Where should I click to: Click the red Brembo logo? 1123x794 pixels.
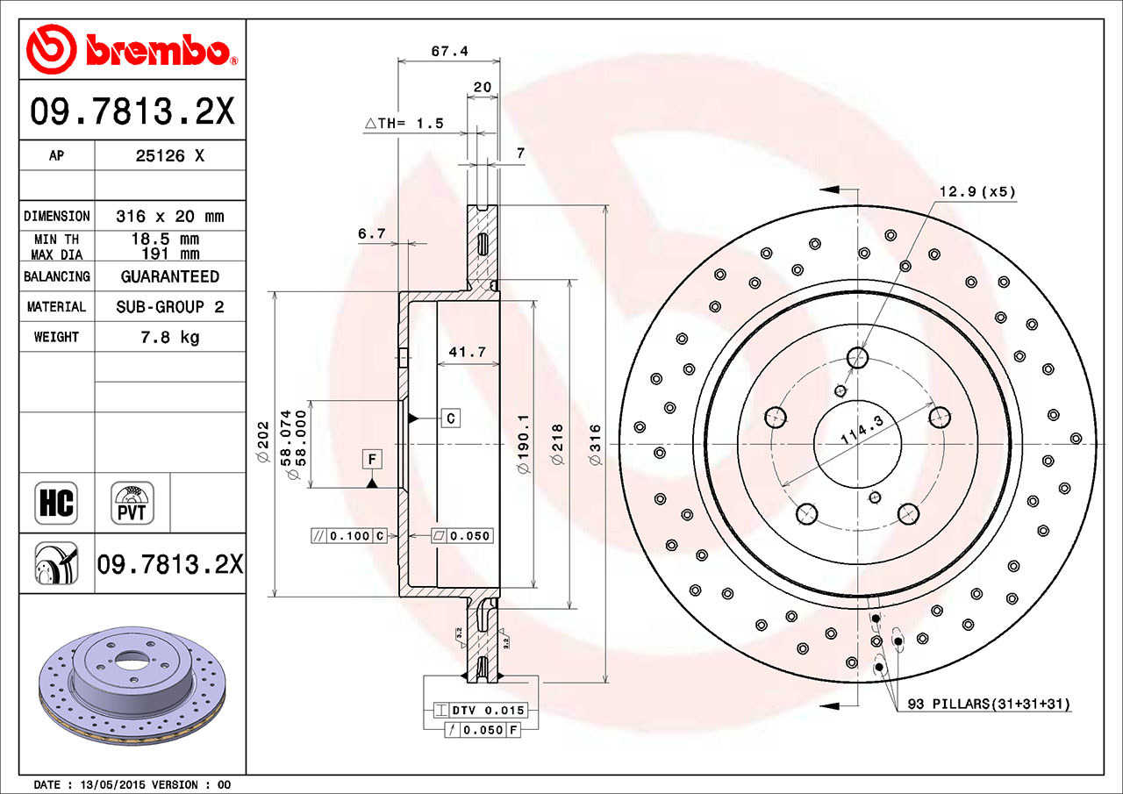[132, 50]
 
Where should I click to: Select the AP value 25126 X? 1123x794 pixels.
[170, 156]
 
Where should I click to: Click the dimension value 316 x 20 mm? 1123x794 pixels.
[170, 217]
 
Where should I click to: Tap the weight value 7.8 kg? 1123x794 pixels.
[170, 338]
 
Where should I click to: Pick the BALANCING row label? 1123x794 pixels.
[57, 276]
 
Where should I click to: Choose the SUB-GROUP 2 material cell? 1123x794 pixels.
[170, 307]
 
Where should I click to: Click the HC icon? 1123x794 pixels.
[56, 503]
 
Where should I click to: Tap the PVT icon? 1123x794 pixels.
[132, 503]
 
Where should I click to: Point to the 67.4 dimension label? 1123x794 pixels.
[450, 51]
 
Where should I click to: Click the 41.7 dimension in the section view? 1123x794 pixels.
[468, 352]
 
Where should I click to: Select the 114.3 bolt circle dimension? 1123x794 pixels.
[862, 430]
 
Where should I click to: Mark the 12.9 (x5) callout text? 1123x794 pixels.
[977, 191]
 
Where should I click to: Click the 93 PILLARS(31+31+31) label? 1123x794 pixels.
[989, 704]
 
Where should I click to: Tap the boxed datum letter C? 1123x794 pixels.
[451, 418]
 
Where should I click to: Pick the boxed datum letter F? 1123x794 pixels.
[372, 459]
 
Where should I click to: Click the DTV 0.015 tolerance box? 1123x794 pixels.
[480, 711]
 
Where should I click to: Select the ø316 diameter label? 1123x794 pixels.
[595, 444]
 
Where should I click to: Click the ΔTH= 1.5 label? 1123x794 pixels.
[404, 124]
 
